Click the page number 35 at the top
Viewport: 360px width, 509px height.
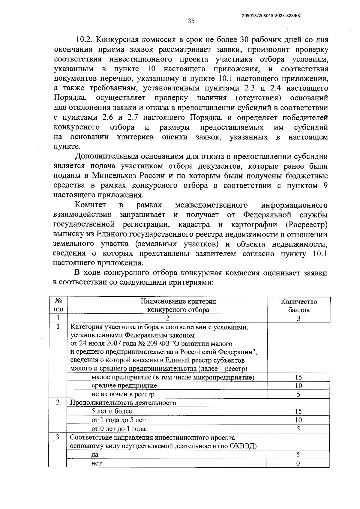tap(191, 21)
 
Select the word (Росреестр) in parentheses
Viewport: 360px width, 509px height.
tap(306, 224)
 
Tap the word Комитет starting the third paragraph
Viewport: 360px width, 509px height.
tap(90, 205)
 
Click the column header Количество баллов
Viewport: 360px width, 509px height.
tap(298, 306)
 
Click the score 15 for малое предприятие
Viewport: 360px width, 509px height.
tap(298, 377)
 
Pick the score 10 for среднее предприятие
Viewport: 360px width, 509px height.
tap(298, 386)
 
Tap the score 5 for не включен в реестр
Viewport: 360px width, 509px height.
tap(298, 394)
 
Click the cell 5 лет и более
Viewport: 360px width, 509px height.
tap(112, 411)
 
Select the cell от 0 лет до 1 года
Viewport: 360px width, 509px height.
tap(118, 429)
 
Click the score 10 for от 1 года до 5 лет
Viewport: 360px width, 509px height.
tap(298, 420)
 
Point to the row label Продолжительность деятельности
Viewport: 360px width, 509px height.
tap(123, 403)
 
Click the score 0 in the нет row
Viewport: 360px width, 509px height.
tap(298, 463)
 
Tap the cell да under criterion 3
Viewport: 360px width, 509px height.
tap(95, 455)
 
